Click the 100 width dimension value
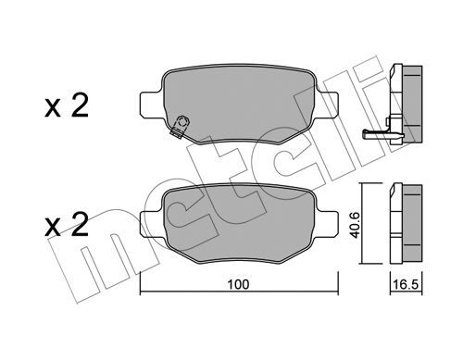tap(238, 284)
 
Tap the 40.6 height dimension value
tap(356, 225)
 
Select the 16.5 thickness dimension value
tap(406, 284)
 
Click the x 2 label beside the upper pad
tap(67, 106)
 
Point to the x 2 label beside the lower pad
tap(67, 225)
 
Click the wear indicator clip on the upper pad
tap(180, 127)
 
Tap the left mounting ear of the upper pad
tap(151, 105)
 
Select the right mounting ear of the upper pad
tap(327, 105)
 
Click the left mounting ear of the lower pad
tap(151, 225)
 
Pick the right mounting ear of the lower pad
tap(327, 225)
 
